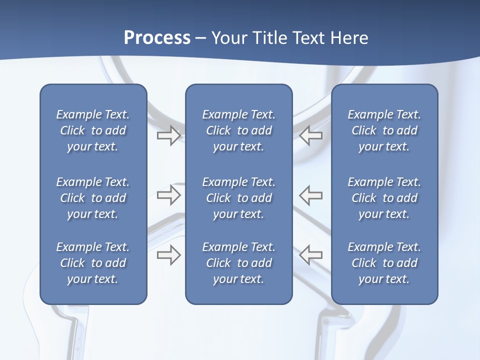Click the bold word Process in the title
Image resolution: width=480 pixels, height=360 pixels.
click(157, 38)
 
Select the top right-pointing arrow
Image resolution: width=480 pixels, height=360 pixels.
click(168, 135)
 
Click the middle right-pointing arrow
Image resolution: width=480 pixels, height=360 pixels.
click(168, 195)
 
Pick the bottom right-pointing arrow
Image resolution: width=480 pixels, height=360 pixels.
click(168, 255)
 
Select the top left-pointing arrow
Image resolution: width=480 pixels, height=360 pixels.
click(310, 135)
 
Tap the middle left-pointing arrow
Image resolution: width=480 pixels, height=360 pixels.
click(310, 195)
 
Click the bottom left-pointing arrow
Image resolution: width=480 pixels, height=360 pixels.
click(310, 255)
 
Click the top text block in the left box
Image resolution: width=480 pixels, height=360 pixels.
click(93, 130)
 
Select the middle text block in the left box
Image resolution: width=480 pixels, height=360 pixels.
click(93, 198)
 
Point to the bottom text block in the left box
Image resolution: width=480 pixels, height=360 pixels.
click(93, 263)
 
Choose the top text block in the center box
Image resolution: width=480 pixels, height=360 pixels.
click(239, 130)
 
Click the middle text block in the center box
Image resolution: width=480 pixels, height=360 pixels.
click(239, 198)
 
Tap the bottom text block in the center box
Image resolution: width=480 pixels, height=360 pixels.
click(239, 263)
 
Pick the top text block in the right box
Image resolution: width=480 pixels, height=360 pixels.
click(384, 130)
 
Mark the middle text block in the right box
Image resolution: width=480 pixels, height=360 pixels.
click(384, 198)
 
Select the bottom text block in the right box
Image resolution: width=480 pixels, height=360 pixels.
click(384, 263)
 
